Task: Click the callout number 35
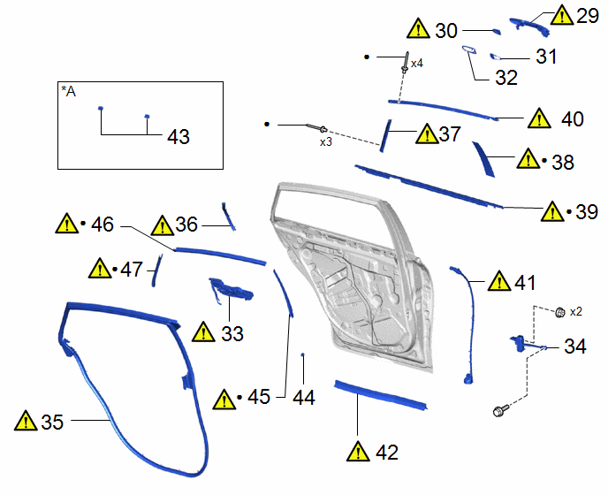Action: [52, 422]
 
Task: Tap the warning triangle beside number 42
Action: [358, 451]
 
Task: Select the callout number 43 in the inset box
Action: [179, 136]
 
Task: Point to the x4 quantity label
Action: [417, 64]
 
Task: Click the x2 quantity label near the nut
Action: [576, 311]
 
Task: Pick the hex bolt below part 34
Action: [500, 410]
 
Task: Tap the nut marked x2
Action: [560, 312]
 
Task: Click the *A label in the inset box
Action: [69, 92]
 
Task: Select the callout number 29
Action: [588, 16]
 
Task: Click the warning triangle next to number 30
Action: [418, 28]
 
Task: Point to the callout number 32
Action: [506, 78]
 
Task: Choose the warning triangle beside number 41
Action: [499, 281]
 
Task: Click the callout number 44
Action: [304, 398]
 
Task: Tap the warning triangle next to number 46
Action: [67, 224]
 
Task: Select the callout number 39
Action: [587, 212]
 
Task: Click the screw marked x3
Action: [316, 127]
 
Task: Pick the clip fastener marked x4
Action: [406, 63]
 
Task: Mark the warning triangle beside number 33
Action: [203, 332]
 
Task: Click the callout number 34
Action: [575, 346]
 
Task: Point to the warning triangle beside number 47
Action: [100, 269]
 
